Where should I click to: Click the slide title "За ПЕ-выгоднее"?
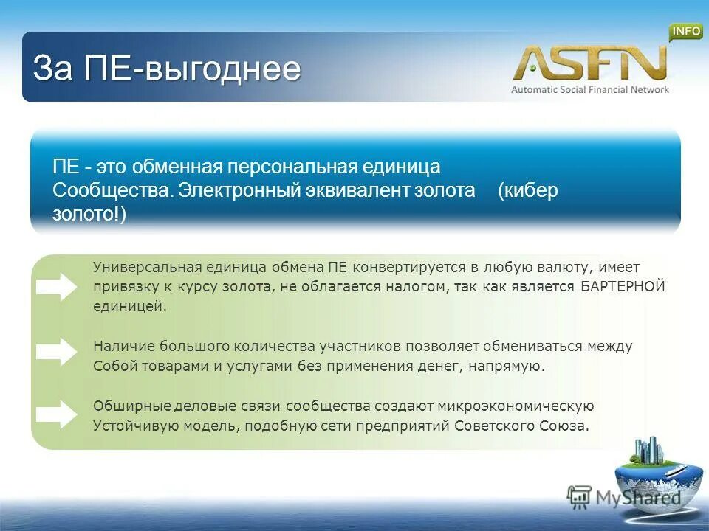(x=167, y=69)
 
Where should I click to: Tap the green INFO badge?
(x=685, y=31)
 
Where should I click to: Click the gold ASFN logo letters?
(x=589, y=63)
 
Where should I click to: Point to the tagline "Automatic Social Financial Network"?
(x=589, y=89)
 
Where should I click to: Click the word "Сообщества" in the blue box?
(x=112, y=190)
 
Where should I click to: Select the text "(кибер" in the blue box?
(x=528, y=190)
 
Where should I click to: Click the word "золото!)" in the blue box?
(x=89, y=214)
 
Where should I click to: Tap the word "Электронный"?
(x=237, y=190)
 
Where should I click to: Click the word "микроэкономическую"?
(x=516, y=406)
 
